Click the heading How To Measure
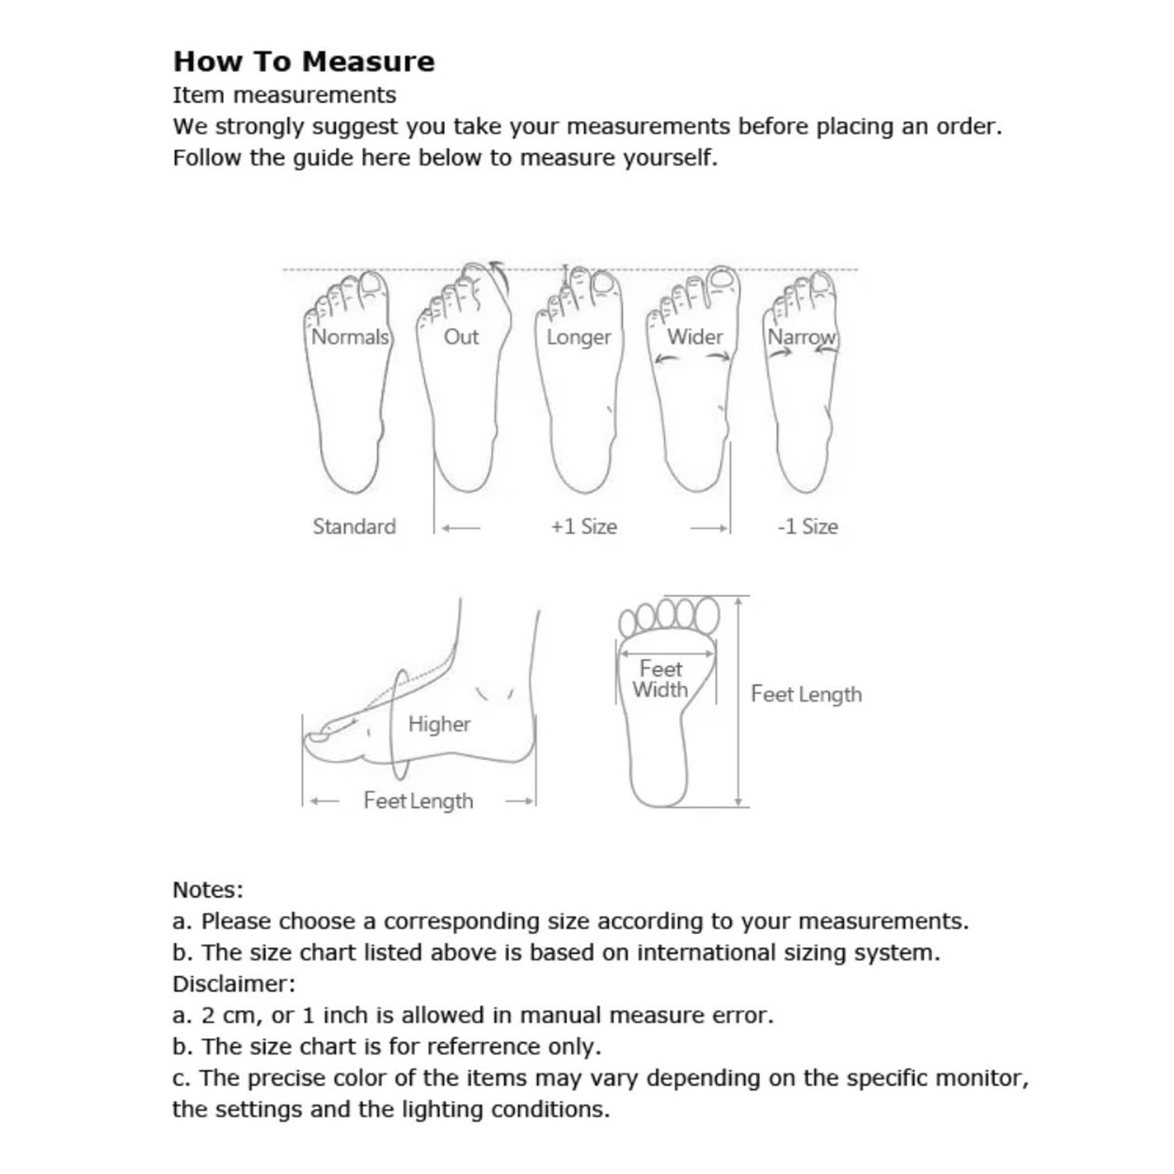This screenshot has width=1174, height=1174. [304, 62]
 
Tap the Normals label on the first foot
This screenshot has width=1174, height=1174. [350, 337]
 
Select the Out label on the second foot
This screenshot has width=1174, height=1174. [461, 337]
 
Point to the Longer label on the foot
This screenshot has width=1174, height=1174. [578, 338]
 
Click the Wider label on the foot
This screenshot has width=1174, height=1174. [695, 337]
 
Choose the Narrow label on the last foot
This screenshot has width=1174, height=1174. [801, 337]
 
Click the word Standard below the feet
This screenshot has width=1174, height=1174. [354, 526]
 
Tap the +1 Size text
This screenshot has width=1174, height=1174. [584, 526]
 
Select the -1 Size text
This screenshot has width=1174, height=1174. [808, 526]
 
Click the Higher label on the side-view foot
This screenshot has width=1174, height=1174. [440, 724]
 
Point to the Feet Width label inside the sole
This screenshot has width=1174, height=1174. [660, 679]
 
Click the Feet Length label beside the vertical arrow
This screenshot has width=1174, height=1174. [806, 694]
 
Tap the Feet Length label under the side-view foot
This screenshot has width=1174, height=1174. [418, 801]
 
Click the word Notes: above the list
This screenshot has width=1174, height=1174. [208, 890]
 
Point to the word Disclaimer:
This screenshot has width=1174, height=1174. [234, 984]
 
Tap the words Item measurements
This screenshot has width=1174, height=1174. [285, 95]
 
